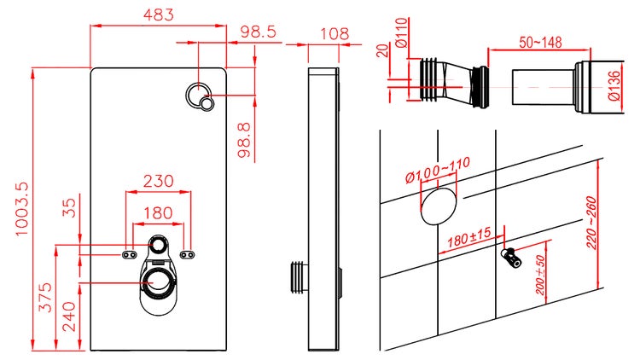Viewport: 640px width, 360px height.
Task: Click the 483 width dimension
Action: click(159, 15)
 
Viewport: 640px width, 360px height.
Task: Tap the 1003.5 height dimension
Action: click(22, 209)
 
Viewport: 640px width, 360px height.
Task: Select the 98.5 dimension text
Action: click(258, 32)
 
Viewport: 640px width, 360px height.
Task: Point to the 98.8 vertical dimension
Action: click(244, 141)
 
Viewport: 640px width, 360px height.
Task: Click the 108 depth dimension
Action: click(335, 34)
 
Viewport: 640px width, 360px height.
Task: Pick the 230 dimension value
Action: click(159, 181)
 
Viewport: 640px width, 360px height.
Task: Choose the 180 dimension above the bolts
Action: click(159, 213)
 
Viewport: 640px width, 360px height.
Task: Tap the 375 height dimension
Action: click(46, 297)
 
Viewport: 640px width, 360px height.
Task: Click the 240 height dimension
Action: click(68, 316)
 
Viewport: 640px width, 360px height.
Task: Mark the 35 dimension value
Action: click(70, 207)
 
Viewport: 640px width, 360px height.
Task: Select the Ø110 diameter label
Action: click(401, 32)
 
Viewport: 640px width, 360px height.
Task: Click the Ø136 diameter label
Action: click(614, 86)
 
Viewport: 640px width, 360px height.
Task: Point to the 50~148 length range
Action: click(540, 42)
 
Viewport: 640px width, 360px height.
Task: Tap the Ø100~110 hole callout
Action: click(438, 170)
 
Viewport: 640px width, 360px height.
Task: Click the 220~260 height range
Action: click(591, 223)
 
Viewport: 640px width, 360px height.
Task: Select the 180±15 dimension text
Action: click(468, 237)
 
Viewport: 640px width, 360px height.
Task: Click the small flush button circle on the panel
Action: click(207, 103)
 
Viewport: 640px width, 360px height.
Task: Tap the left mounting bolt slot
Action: click(130, 255)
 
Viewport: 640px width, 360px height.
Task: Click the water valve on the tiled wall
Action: click(510, 258)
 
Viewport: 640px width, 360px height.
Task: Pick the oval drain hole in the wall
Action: click(439, 206)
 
